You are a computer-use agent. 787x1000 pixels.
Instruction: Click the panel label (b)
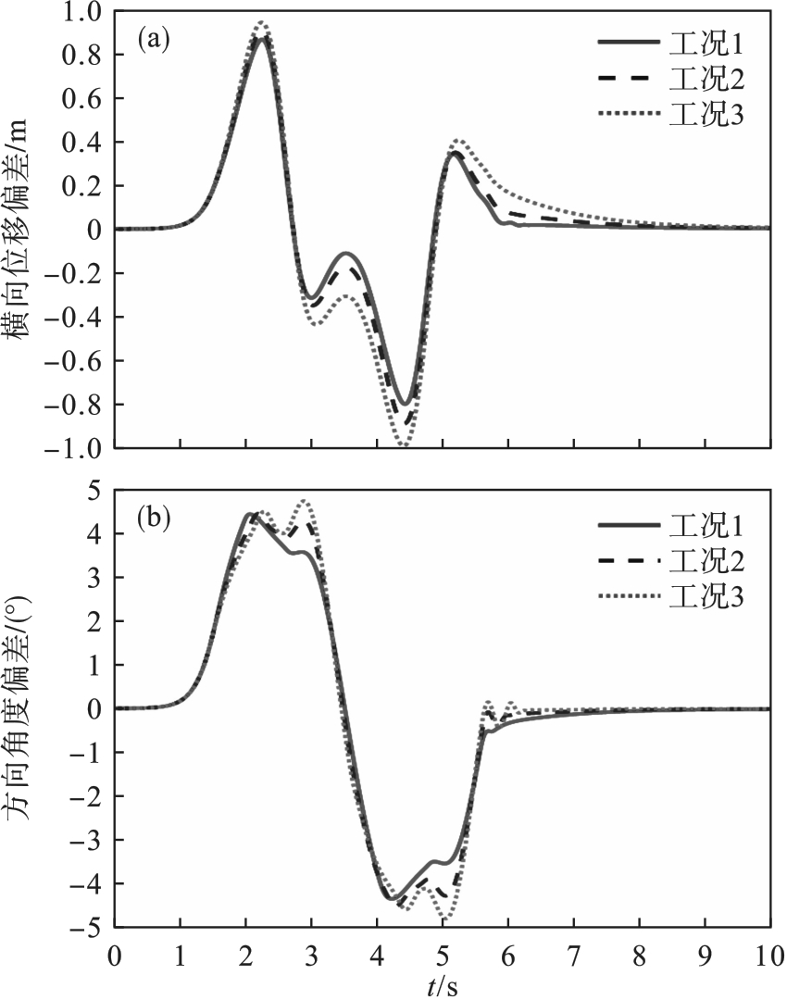click(153, 517)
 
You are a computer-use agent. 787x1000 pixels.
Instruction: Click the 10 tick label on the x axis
click(769, 953)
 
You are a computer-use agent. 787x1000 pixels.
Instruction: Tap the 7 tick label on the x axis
click(573, 953)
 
